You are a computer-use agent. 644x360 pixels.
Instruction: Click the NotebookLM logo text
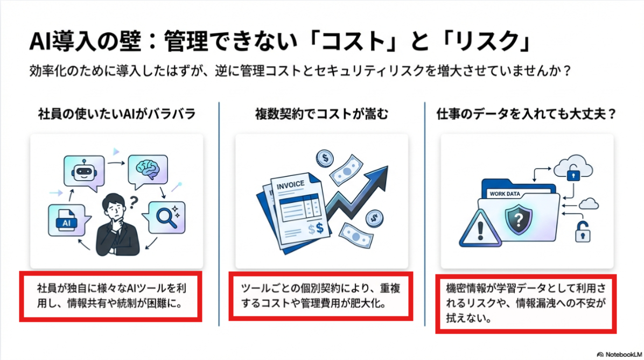(620, 355)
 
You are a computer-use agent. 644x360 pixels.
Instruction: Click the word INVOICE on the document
(290, 184)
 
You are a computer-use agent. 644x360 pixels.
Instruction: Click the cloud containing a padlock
(570, 167)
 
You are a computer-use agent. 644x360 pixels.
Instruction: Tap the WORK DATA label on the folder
(504, 194)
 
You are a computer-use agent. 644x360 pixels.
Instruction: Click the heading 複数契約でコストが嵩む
(321, 115)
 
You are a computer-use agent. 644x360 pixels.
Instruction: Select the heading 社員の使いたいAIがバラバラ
(116, 115)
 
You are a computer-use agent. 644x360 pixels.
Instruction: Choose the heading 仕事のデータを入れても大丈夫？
(527, 115)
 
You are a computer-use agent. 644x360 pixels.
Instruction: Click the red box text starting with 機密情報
(526, 302)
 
